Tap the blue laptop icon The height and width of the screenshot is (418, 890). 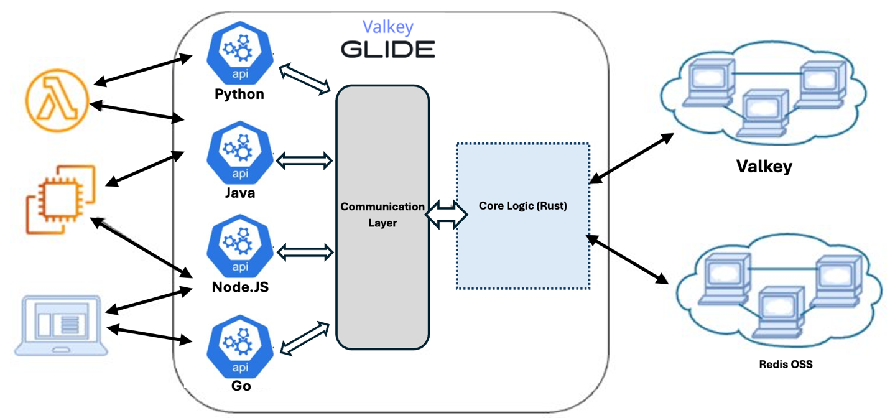pos(61,325)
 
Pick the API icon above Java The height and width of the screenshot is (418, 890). pos(239,155)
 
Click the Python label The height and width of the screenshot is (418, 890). pos(239,95)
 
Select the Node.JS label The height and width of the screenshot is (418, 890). pos(240,288)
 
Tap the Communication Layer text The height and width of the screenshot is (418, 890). pos(382,214)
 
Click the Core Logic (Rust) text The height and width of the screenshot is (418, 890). pos(523,206)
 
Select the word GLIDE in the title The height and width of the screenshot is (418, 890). pos(387,49)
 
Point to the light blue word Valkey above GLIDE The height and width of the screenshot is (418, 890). pos(388,27)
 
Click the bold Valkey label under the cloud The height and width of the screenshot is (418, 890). pos(764,167)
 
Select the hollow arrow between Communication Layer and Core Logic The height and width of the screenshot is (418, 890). pos(447,214)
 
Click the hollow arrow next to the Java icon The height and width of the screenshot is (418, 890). pos(304,161)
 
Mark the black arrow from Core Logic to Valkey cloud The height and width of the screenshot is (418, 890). pos(631,159)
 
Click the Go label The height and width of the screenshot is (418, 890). pos(241,386)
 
